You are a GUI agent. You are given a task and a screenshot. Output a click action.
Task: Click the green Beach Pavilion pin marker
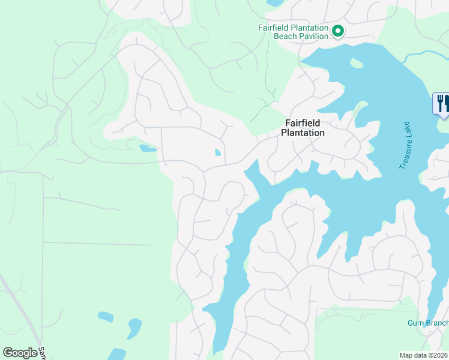tap(338, 31)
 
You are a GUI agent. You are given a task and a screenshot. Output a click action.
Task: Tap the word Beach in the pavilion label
tap(286, 36)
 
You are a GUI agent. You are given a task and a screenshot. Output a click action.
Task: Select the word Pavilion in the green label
tap(314, 36)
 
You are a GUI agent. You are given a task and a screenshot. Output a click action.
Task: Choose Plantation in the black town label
tap(303, 133)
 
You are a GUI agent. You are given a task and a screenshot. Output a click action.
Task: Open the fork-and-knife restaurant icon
tap(441, 103)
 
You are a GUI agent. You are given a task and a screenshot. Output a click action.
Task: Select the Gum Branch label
tap(427, 323)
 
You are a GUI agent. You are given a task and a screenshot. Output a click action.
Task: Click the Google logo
tap(20, 353)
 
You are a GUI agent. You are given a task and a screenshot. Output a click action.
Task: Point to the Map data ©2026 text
tap(424, 355)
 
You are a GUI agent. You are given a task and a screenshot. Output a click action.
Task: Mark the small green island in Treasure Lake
tap(357, 63)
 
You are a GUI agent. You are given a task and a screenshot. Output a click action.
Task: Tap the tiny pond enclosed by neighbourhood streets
tap(217, 152)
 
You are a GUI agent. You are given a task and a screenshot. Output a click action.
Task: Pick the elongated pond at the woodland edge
tap(147, 148)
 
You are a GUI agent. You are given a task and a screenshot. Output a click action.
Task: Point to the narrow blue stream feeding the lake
tap(424, 56)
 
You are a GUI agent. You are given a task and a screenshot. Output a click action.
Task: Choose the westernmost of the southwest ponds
tap(105, 317)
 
